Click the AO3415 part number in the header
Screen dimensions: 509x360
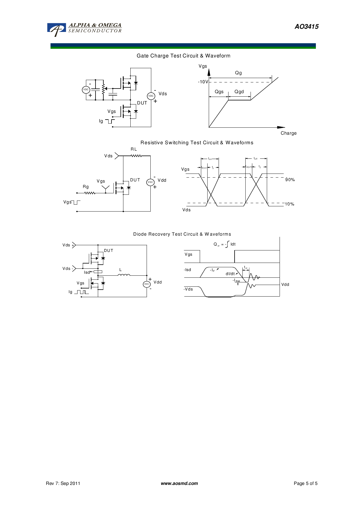pyautogui.click(x=307, y=27)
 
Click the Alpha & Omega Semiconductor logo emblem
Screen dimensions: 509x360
pyautogui.click(x=57, y=29)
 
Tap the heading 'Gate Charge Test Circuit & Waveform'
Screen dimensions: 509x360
pyautogui.click(x=183, y=56)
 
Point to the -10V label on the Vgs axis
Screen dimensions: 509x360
pyautogui.click(x=203, y=82)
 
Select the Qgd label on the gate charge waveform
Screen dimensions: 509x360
pyautogui.click(x=239, y=92)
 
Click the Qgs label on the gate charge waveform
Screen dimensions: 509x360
pyautogui.click(x=219, y=92)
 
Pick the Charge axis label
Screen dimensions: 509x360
pyautogui.click(x=288, y=133)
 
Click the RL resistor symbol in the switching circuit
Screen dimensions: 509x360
pyautogui.click(x=136, y=156)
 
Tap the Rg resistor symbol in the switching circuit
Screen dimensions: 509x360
pyautogui.click(x=90, y=193)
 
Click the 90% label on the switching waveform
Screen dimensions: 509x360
pyautogui.click(x=290, y=180)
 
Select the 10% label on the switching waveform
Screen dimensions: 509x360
pyautogui.click(x=289, y=204)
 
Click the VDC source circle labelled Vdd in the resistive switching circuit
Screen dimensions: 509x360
pyautogui.click(x=150, y=182)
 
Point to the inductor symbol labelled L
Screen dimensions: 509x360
pyautogui.click(x=124, y=275)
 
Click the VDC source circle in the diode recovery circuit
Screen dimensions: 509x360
pyautogui.click(x=147, y=284)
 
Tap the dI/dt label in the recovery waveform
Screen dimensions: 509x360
pyautogui.click(x=230, y=274)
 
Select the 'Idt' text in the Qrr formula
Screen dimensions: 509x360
pyautogui.click(x=233, y=244)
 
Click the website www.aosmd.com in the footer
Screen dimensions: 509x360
pyautogui.click(x=179, y=483)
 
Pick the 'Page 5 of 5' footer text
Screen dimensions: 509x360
pyautogui.click(x=305, y=483)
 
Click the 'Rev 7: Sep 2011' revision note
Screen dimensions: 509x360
pyautogui.click(x=63, y=483)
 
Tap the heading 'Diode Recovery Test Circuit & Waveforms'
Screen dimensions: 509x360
pyautogui.click(x=182, y=234)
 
